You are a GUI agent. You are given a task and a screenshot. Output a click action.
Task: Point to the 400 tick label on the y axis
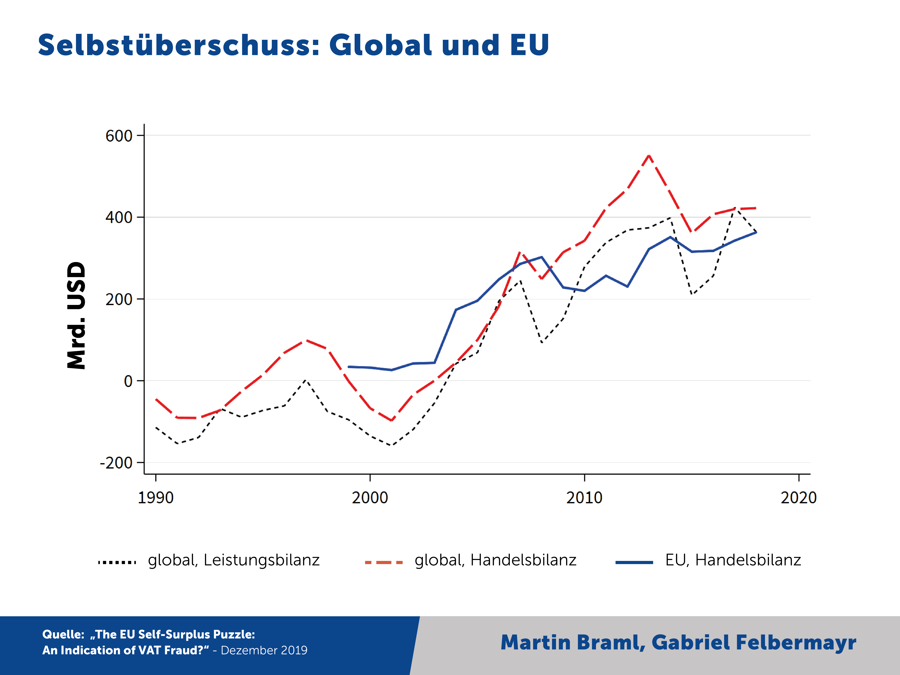pos(119,218)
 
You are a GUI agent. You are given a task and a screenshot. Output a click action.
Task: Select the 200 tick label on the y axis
pos(119,300)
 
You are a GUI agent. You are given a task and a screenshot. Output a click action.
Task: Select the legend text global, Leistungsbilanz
pos(233,560)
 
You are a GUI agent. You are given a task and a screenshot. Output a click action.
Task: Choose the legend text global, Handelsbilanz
pos(495,560)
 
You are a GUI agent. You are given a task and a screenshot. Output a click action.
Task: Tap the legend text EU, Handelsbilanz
pos(733,560)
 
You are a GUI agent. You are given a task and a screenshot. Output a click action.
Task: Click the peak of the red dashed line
pos(649,155)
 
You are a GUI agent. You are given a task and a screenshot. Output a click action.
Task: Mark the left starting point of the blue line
pos(349,367)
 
